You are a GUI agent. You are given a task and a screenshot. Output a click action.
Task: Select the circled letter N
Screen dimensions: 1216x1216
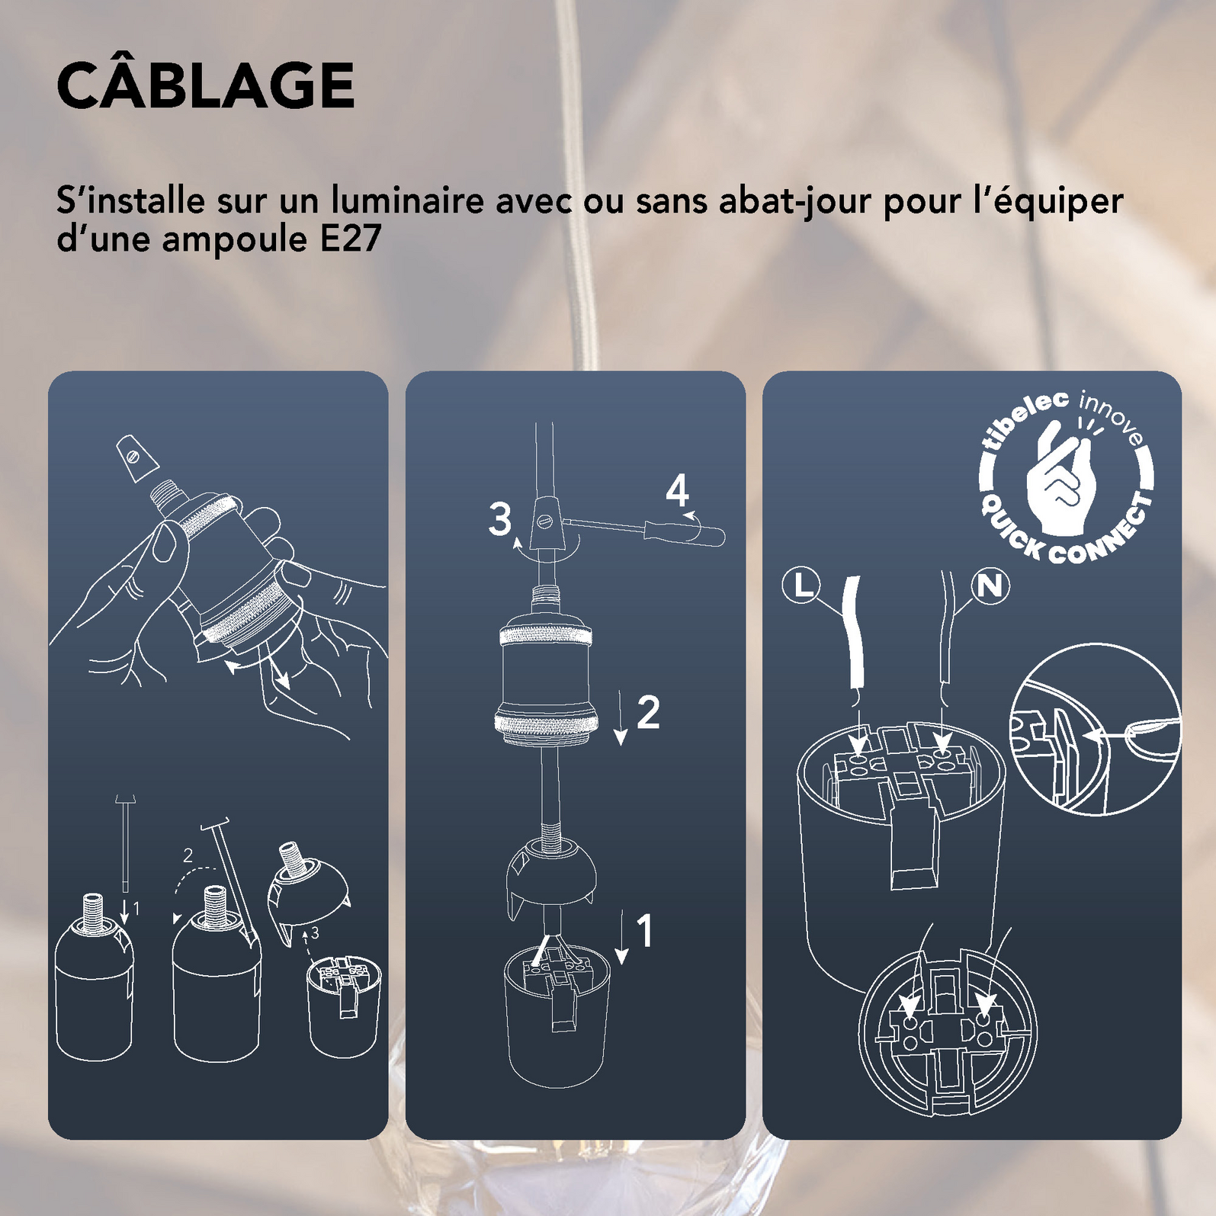[x=990, y=586]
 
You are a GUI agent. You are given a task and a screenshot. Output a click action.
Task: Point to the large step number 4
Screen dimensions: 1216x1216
[x=678, y=491]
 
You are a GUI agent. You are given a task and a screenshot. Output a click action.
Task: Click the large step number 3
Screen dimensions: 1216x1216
[x=500, y=519]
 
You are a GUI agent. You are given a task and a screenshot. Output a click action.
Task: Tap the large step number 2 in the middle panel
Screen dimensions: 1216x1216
[x=648, y=712]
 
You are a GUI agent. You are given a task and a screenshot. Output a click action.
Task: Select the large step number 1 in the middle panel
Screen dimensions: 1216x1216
[x=645, y=931]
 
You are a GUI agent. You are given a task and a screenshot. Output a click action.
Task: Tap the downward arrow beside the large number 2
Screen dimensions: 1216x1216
[x=621, y=717]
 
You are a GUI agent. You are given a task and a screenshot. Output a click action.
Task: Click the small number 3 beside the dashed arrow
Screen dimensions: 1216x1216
[x=314, y=932]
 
